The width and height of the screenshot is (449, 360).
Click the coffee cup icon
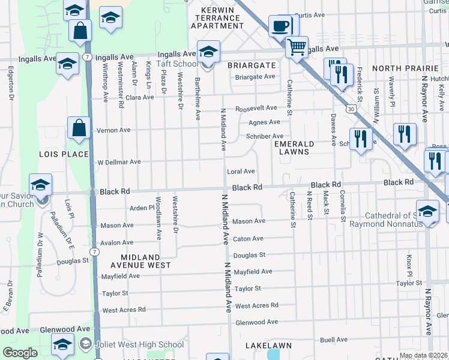pyautogui.click(x=280, y=26)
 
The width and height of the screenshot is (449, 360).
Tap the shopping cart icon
pyautogui.click(x=297, y=46)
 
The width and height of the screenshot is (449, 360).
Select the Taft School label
pyautogui.click(x=177, y=64)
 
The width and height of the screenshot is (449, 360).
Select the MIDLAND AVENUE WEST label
pyautogui.click(x=141, y=260)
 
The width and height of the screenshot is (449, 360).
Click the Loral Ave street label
pyautogui.click(x=241, y=172)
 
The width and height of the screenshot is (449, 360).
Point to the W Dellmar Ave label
pyautogui.click(x=119, y=162)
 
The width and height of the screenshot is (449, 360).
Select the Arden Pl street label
pyautogui.click(x=142, y=208)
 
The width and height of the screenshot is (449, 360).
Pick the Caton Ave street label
pyautogui.click(x=249, y=239)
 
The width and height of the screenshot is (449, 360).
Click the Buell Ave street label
pyautogui.click(x=334, y=340)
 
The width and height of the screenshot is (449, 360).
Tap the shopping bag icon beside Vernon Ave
pyautogui.click(x=79, y=128)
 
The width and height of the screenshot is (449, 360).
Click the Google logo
pyautogui.click(x=20, y=353)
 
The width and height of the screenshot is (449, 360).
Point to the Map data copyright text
pyautogui.click(x=423, y=356)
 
